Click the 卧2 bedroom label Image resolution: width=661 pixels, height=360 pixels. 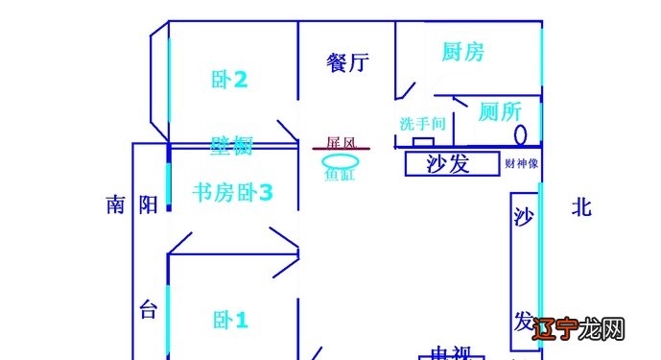click(230, 80)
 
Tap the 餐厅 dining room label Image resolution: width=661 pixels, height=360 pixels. click(347, 63)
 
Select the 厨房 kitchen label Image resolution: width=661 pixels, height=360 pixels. click(462, 52)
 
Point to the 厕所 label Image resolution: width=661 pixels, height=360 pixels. click(500, 112)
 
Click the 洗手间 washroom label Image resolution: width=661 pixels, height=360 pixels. click(422, 124)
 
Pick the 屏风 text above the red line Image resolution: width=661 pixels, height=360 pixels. click(342, 142)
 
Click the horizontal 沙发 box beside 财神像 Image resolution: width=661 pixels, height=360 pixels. click(449, 163)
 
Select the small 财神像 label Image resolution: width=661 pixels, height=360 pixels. click(521, 163)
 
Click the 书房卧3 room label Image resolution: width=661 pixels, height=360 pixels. click(233, 193)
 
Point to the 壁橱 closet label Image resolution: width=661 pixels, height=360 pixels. click(231, 146)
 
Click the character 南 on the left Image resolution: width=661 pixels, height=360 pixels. click(116, 204)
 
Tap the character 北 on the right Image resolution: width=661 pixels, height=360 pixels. click(581, 206)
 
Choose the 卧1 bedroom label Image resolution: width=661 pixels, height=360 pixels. click(230, 320)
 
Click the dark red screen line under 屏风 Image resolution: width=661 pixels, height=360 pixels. click(341, 150)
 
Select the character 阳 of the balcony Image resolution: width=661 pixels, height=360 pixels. click(147, 204)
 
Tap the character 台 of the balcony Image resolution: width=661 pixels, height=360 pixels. click(147, 310)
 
